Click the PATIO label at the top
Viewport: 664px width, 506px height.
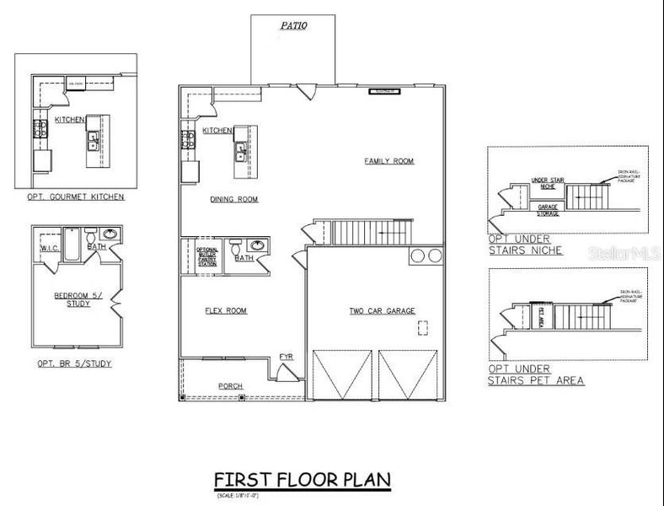(x=293, y=26)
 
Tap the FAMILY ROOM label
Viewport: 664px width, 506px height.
(x=389, y=161)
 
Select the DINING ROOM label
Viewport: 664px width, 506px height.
(x=234, y=200)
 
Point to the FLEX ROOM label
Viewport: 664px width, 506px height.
(x=226, y=311)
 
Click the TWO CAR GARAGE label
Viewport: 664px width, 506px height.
(x=383, y=311)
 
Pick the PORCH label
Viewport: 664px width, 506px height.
(x=231, y=386)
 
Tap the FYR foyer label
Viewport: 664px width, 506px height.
(x=286, y=358)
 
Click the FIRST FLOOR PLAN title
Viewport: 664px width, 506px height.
(x=302, y=480)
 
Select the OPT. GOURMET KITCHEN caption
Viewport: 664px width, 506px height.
(x=75, y=197)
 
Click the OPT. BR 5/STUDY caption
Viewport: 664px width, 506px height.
(x=75, y=363)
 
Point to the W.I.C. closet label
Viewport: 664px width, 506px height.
(x=48, y=248)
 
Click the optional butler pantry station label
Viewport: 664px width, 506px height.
(x=207, y=256)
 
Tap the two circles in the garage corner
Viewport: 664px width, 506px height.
(x=419, y=256)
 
